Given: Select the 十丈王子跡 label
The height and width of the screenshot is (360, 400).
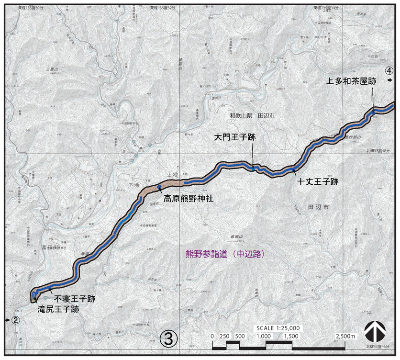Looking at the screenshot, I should (318, 182).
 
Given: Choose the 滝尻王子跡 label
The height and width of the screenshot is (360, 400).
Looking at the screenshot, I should (58, 309).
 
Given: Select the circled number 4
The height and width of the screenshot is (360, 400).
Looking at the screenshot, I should (390, 70).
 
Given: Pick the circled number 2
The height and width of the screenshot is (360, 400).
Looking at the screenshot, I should (15, 320).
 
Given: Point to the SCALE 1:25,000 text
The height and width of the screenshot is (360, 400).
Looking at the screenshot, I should (278, 327).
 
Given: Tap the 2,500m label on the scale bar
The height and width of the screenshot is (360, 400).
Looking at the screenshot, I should (346, 336).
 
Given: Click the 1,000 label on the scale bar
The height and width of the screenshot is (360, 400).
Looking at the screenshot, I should (264, 336).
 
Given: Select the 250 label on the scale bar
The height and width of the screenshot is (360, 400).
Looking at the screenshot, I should (225, 336).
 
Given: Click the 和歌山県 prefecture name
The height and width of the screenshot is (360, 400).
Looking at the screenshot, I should (240, 116).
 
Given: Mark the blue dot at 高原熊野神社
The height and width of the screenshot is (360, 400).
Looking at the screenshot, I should (159, 186).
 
